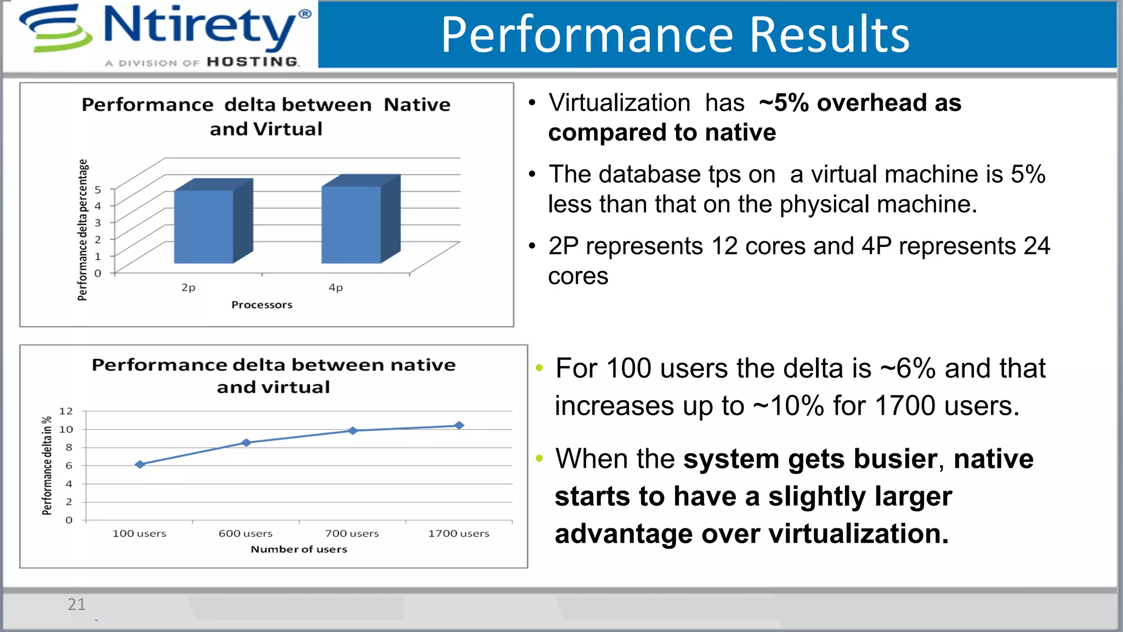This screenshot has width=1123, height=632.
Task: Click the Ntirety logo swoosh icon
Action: coord(55,29)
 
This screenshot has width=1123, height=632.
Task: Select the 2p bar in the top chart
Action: coord(204,226)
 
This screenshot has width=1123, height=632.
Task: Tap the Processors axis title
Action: coord(262,304)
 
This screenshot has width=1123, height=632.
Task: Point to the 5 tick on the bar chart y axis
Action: coord(98,189)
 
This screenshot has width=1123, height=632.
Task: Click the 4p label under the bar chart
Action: coord(336,287)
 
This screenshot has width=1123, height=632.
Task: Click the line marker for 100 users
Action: coord(140,464)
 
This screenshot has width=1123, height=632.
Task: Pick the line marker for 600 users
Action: coord(246,442)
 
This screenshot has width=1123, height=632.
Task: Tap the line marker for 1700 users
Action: coord(459,425)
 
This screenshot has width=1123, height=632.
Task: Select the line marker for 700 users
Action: coord(353,431)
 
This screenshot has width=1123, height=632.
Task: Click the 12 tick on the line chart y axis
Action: coord(66,411)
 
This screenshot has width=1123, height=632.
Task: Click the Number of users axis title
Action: coord(299,549)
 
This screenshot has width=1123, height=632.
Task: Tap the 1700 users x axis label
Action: coord(458,533)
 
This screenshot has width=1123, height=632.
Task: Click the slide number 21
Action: coord(76,604)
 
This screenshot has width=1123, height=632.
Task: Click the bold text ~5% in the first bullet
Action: coord(784,103)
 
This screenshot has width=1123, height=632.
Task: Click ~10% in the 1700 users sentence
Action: coord(788,406)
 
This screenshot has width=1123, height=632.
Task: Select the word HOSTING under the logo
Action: coord(253,61)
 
